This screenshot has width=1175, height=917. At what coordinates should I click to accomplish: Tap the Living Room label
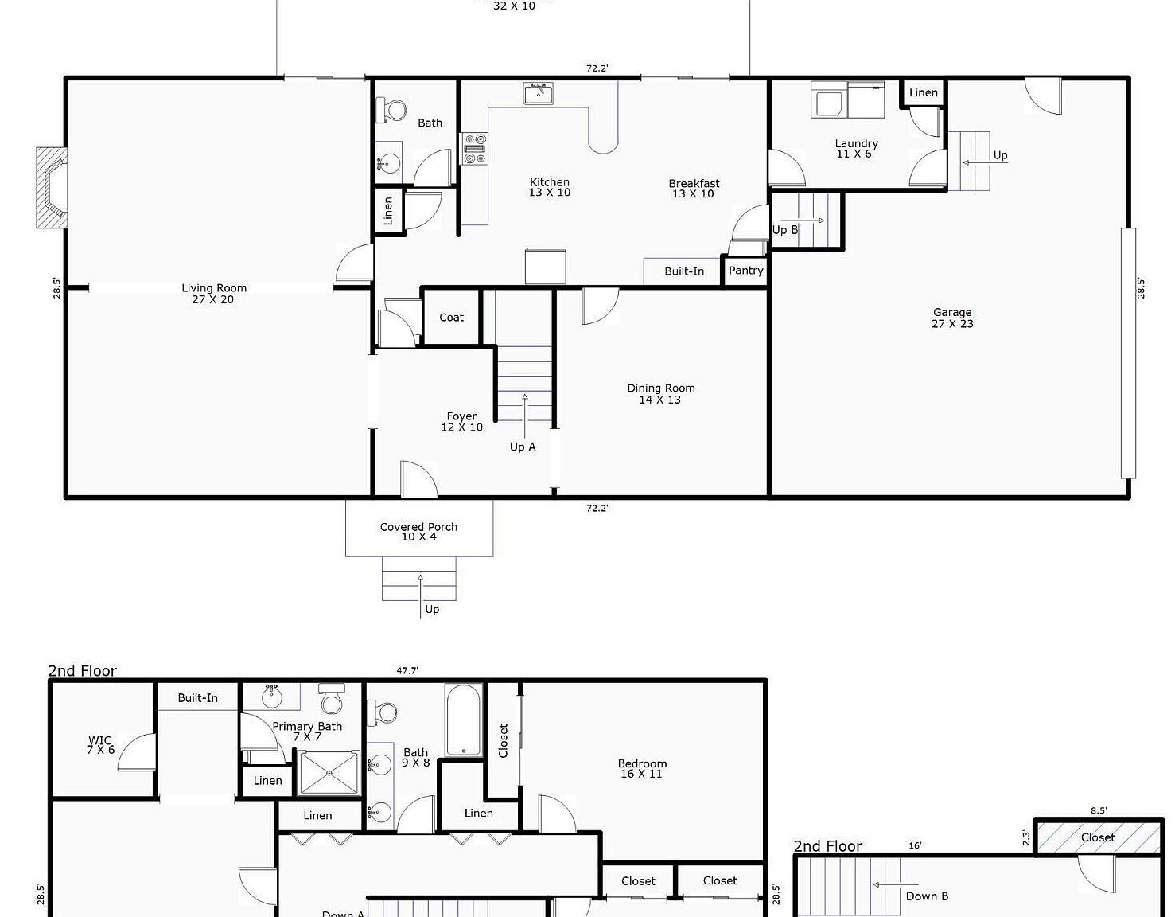pyautogui.click(x=213, y=294)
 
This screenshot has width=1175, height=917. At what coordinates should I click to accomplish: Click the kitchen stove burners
pyautogui.click(x=475, y=149)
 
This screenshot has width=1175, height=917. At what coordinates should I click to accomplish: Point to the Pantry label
pyautogui.click(x=745, y=271)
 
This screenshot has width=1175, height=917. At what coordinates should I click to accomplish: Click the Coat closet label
pyautogui.click(x=451, y=318)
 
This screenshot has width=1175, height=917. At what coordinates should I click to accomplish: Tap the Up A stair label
pyautogui.click(x=523, y=447)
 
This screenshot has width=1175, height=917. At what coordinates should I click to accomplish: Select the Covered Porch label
pyautogui.click(x=418, y=531)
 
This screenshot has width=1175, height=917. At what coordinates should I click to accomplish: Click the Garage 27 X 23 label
pyautogui.click(x=952, y=318)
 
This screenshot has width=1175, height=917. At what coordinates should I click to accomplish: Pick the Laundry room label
pyautogui.click(x=856, y=148)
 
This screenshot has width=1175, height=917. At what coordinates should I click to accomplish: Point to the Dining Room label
pyautogui.click(x=660, y=393)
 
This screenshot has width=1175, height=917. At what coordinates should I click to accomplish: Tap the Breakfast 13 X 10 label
pyautogui.click(x=694, y=188)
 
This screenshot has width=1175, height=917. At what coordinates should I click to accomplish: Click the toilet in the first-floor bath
pyautogui.click(x=392, y=110)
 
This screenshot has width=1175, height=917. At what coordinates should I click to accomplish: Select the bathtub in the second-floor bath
pyautogui.click(x=464, y=720)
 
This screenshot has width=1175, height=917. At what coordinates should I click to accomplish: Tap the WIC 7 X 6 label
pyautogui.click(x=100, y=744)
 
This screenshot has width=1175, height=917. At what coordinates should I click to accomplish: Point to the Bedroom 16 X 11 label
pyautogui.click(x=642, y=768)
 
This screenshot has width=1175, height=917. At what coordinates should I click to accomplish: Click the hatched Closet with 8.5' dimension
pyautogui.click(x=1098, y=837)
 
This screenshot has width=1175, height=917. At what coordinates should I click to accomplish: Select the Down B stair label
pyautogui.click(x=927, y=896)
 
